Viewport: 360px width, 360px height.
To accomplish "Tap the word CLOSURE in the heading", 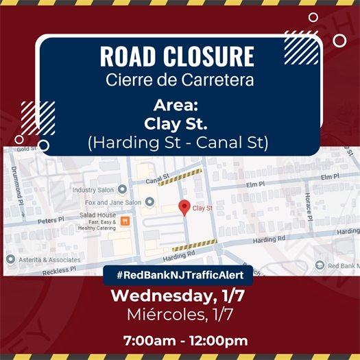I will (x=210, y=56).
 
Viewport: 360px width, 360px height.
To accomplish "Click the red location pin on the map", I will (x=184, y=207).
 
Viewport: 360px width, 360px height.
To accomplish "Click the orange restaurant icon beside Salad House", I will (x=125, y=221).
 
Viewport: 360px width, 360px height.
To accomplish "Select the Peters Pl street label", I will (x=51, y=221).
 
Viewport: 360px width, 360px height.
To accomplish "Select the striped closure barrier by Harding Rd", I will (x=195, y=244).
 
